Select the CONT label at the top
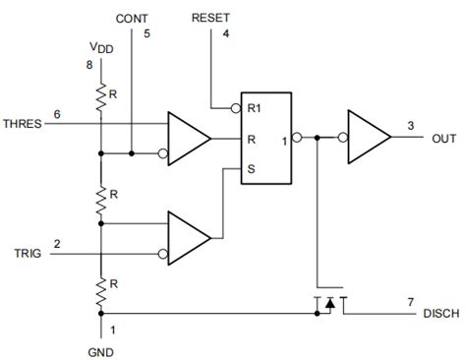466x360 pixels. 133,19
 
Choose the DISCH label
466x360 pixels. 437,314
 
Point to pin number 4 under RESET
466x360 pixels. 226,35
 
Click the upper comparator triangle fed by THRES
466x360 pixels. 188,139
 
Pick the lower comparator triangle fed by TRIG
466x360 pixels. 188,238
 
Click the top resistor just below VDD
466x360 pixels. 100,96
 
